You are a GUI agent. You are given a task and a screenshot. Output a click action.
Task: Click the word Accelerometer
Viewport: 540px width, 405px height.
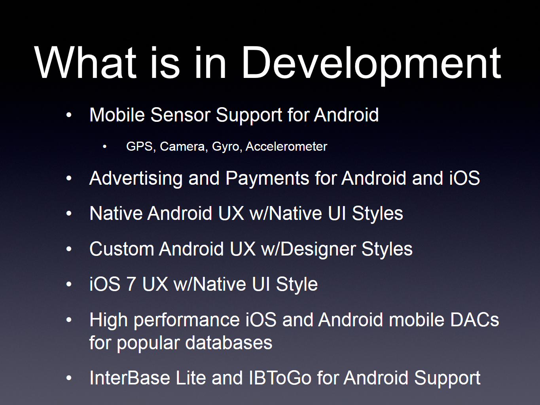(x=286, y=147)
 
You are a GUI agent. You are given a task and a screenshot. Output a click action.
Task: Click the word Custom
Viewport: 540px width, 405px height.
(x=121, y=249)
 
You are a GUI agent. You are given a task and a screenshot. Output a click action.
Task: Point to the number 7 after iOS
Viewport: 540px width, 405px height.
(x=131, y=284)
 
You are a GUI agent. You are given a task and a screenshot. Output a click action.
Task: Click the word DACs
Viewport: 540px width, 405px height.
(x=475, y=320)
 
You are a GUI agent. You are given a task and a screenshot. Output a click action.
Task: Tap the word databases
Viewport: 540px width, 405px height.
(x=229, y=343)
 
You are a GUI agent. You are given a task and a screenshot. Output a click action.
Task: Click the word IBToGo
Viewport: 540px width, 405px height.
(x=280, y=378)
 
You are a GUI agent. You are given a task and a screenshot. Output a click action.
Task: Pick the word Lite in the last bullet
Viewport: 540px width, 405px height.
(x=191, y=378)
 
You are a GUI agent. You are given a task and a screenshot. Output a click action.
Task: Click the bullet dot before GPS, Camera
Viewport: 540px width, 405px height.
(x=105, y=147)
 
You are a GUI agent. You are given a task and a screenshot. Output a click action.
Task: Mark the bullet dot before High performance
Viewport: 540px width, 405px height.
(x=69, y=320)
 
